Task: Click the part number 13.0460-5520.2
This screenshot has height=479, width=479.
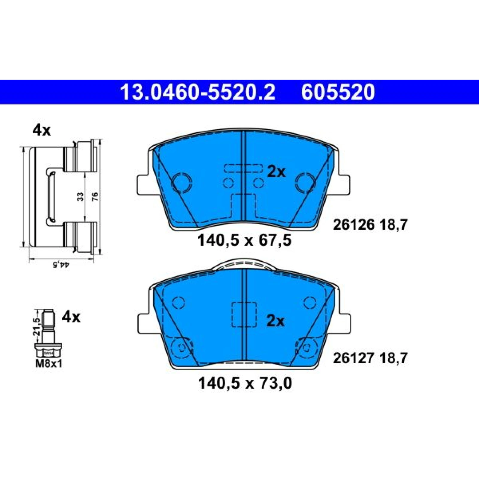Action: (x=197, y=92)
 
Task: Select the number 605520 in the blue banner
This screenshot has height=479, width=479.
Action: (x=338, y=92)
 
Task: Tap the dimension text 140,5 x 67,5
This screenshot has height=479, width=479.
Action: (x=244, y=240)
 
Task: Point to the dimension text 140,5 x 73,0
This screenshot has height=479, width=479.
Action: (x=245, y=383)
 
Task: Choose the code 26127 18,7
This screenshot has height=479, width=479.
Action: (x=370, y=358)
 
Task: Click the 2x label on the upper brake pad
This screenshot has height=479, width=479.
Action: (x=276, y=172)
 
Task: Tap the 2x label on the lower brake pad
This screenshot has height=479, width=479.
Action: (x=276, y=321)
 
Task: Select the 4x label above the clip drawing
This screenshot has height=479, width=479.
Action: (x=42, y=131)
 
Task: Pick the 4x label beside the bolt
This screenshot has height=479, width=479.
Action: (x=71, y=317)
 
